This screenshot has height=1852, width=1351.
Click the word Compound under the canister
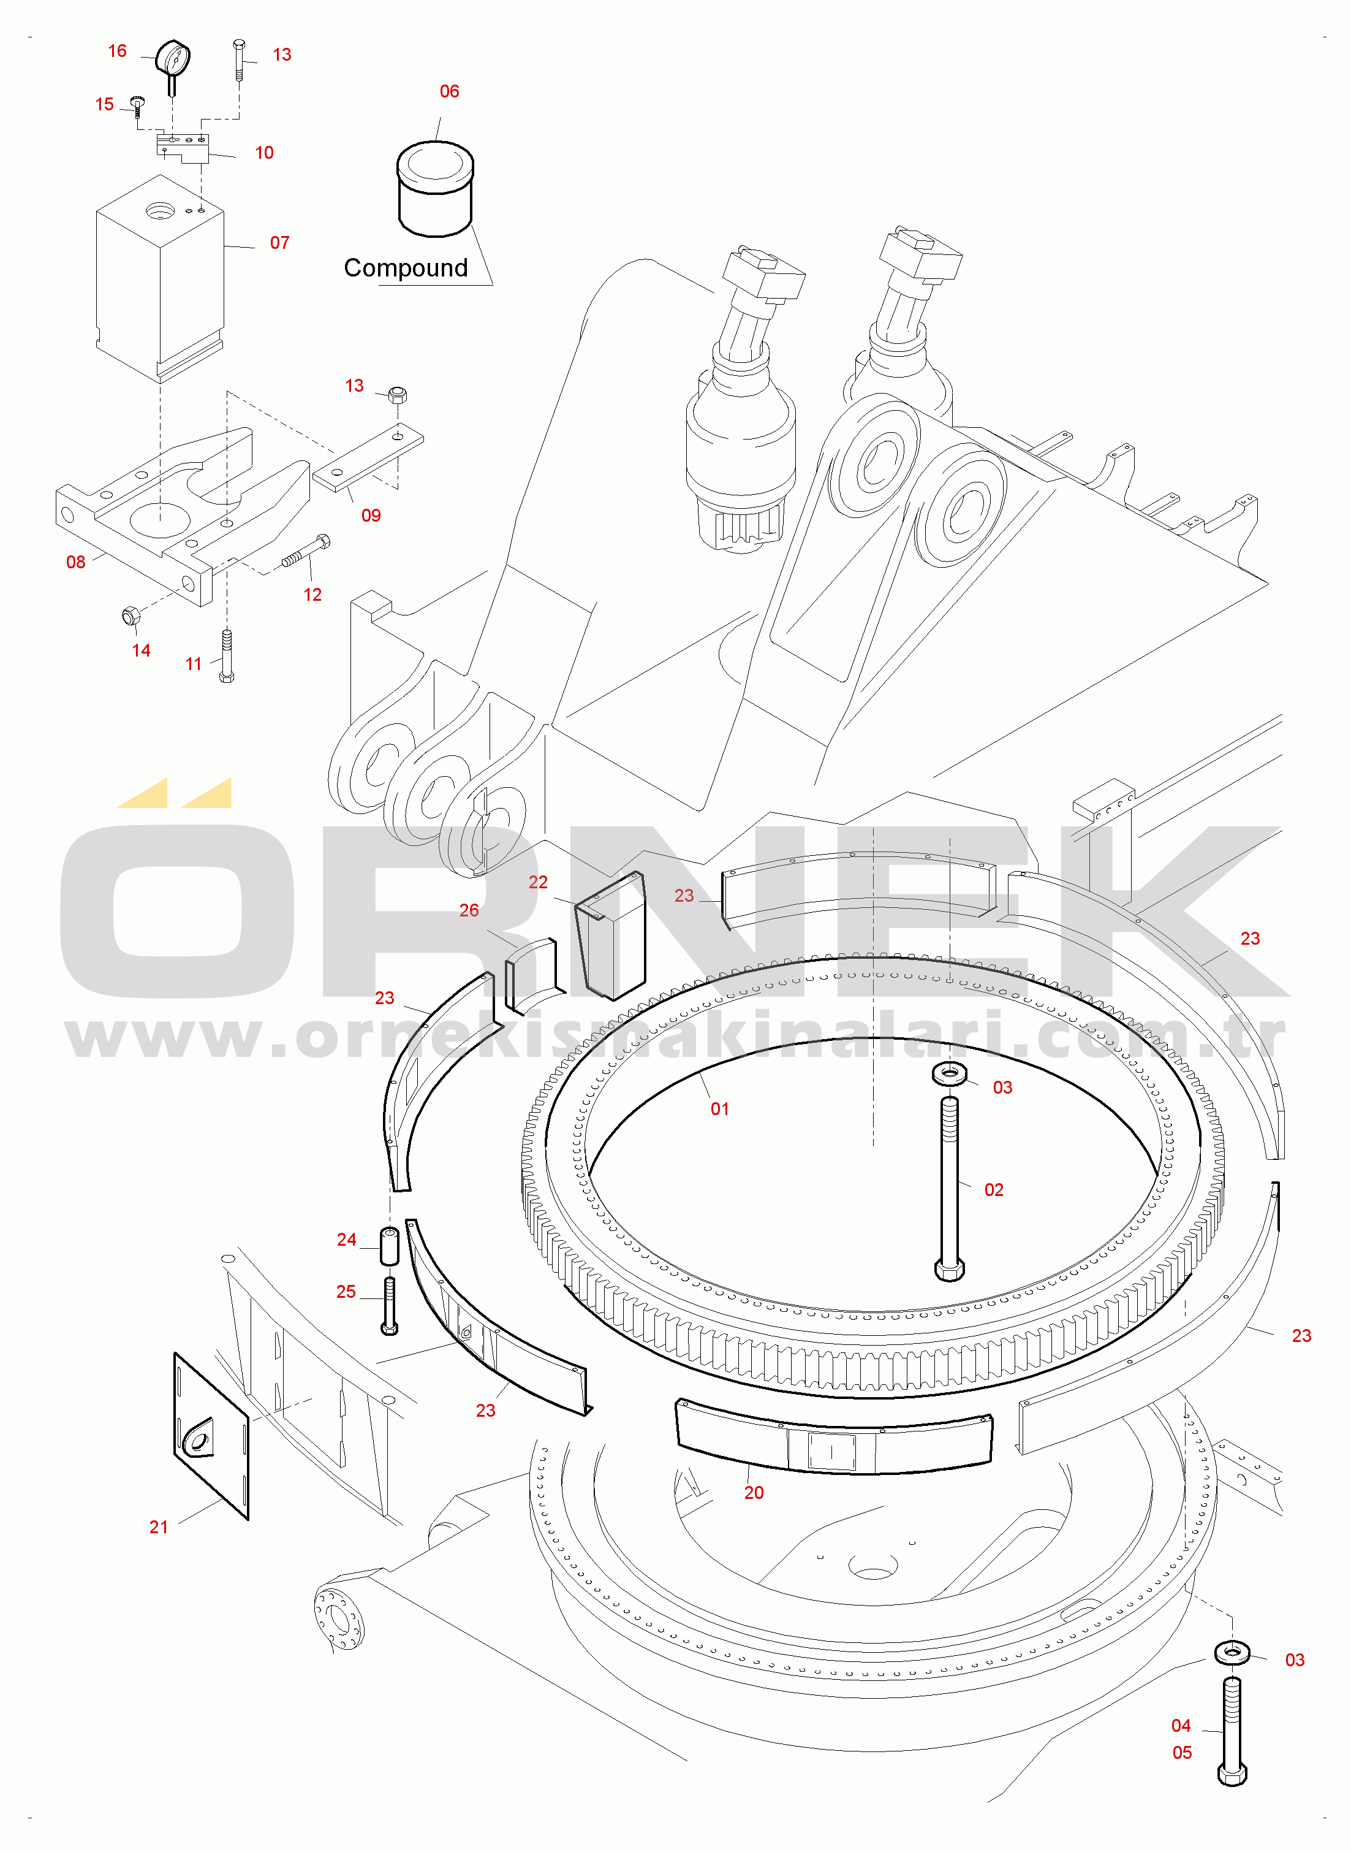[x=406, y=269]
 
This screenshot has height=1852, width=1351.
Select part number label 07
[x=279, y=243]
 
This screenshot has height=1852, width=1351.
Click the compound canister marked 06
[x=435, y=190]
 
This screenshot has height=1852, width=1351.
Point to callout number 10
[x=264, y=153]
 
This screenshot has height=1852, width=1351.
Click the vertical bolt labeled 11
[x=227, y=655]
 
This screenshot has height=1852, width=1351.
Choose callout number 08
[x=76, y=562]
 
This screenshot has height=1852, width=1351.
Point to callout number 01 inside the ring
[x=720, y=1109]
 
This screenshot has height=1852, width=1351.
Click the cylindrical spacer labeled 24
[x=389, y=1246]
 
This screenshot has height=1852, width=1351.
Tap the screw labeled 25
[x=389, y=1306]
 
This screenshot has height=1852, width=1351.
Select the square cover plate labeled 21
[x=211, y=1436]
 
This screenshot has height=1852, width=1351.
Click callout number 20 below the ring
[x=754, y=1493]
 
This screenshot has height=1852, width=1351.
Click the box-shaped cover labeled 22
[x=611, y=936]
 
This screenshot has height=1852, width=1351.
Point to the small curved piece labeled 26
[x=533, y=975]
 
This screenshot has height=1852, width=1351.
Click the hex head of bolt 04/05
[x=1232, y=1774]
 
